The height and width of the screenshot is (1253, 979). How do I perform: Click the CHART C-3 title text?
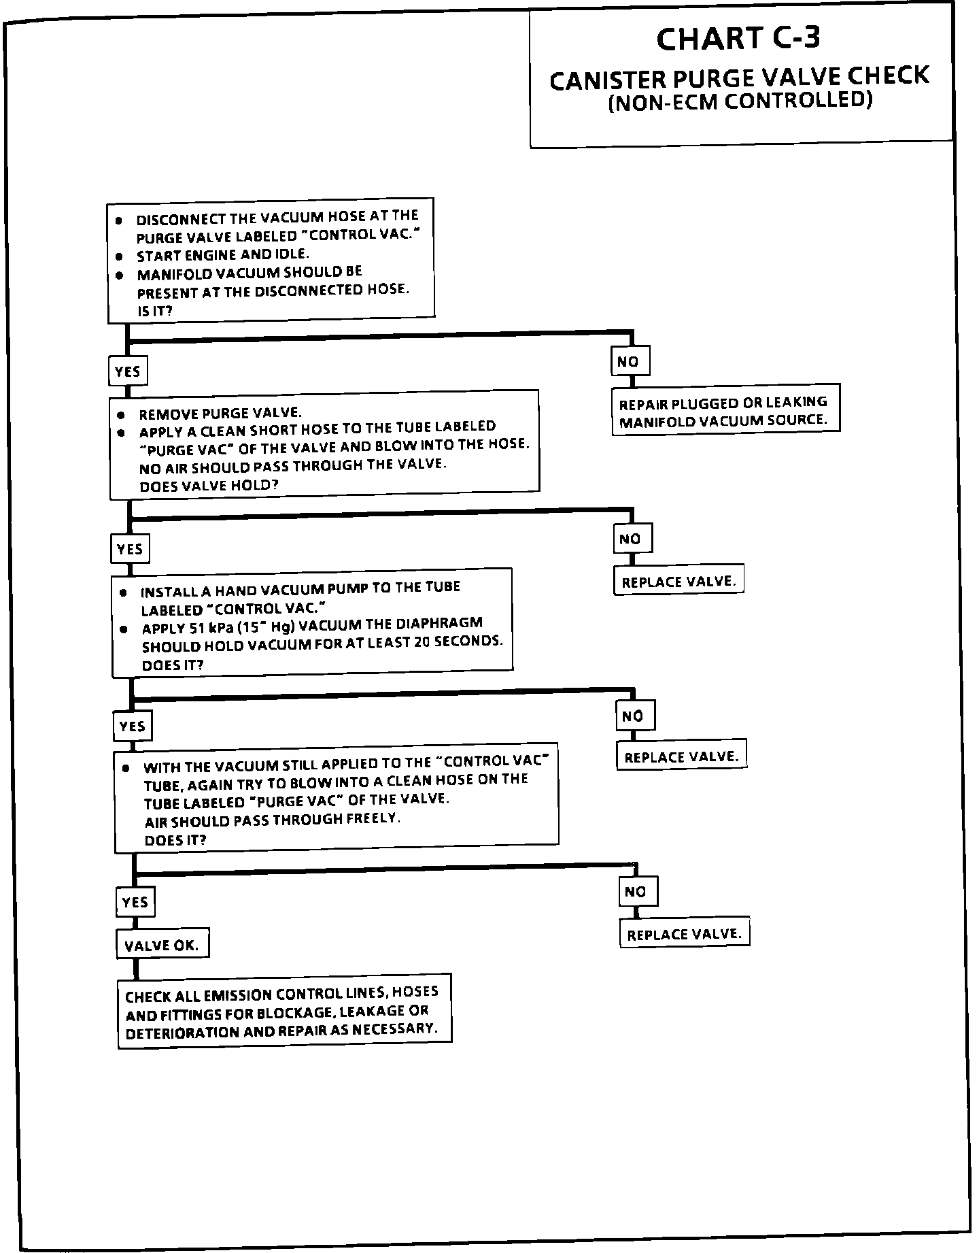click(738, 39)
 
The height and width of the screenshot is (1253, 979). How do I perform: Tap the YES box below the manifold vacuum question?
click(127, 371)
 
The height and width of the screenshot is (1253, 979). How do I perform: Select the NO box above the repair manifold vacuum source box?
click(629, 362)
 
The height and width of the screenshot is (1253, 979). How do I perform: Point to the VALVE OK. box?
click(162, 945)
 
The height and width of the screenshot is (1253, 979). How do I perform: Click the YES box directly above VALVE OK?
click(135, 902)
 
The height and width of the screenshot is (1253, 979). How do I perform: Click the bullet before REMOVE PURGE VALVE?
click(121, 414)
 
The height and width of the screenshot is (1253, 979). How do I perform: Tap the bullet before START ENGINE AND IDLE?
click(119, 256)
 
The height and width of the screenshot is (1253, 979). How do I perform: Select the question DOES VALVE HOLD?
click(208, 486)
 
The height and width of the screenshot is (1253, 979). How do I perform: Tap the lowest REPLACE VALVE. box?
click(684, 934)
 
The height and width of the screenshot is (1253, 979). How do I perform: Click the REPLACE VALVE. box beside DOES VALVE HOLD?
click(679, 582)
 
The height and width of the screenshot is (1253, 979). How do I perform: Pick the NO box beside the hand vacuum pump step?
click(634, 716)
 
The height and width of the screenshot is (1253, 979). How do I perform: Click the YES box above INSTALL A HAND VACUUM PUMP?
click(130, 549)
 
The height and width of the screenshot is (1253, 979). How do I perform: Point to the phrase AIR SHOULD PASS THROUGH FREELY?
click(273, 820)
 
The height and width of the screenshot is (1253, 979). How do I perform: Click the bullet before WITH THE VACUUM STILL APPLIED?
click(126, 767)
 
